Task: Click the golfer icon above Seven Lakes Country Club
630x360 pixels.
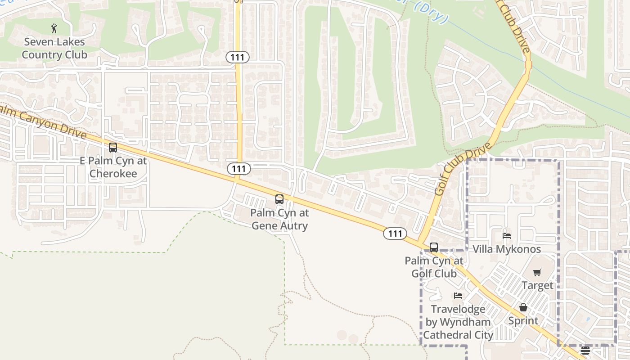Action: (54, 28)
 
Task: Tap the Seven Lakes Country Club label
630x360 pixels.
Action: (54, 49)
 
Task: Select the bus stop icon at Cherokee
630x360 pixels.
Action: (113, 148)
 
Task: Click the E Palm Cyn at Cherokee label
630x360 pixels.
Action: (113, 167)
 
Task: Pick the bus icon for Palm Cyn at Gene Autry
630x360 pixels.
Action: (279, 199)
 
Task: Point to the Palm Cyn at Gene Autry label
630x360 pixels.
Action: (279, 219)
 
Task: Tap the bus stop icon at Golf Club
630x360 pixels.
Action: (434, 247)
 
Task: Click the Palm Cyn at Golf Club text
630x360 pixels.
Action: (434, 267)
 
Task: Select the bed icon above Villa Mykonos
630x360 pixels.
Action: (507, 235)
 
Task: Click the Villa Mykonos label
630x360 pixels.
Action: (507, 249)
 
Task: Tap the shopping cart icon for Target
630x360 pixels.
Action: (537, 272)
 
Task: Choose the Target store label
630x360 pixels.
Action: (537, 285)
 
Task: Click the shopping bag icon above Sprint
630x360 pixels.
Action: (523, 307)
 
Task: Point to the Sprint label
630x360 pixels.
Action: (523, 321)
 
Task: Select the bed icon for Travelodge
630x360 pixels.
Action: (458, 296)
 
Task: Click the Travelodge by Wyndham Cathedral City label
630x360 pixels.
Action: (458, 322)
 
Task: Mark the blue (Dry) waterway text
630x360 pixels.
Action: (432, 13)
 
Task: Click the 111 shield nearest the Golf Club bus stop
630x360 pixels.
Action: (395, 234)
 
